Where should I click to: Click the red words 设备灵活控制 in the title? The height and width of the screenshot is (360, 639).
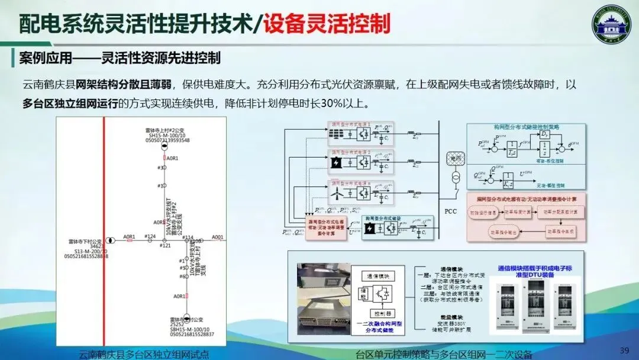coord(327,24)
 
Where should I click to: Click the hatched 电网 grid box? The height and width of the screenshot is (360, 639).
coord(455,159)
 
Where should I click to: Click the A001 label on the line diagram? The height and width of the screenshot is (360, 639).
coord(218,237)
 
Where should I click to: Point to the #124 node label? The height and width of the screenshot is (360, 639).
coord(150,237)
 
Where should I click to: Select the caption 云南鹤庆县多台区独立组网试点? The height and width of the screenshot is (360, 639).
coord(144,355)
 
